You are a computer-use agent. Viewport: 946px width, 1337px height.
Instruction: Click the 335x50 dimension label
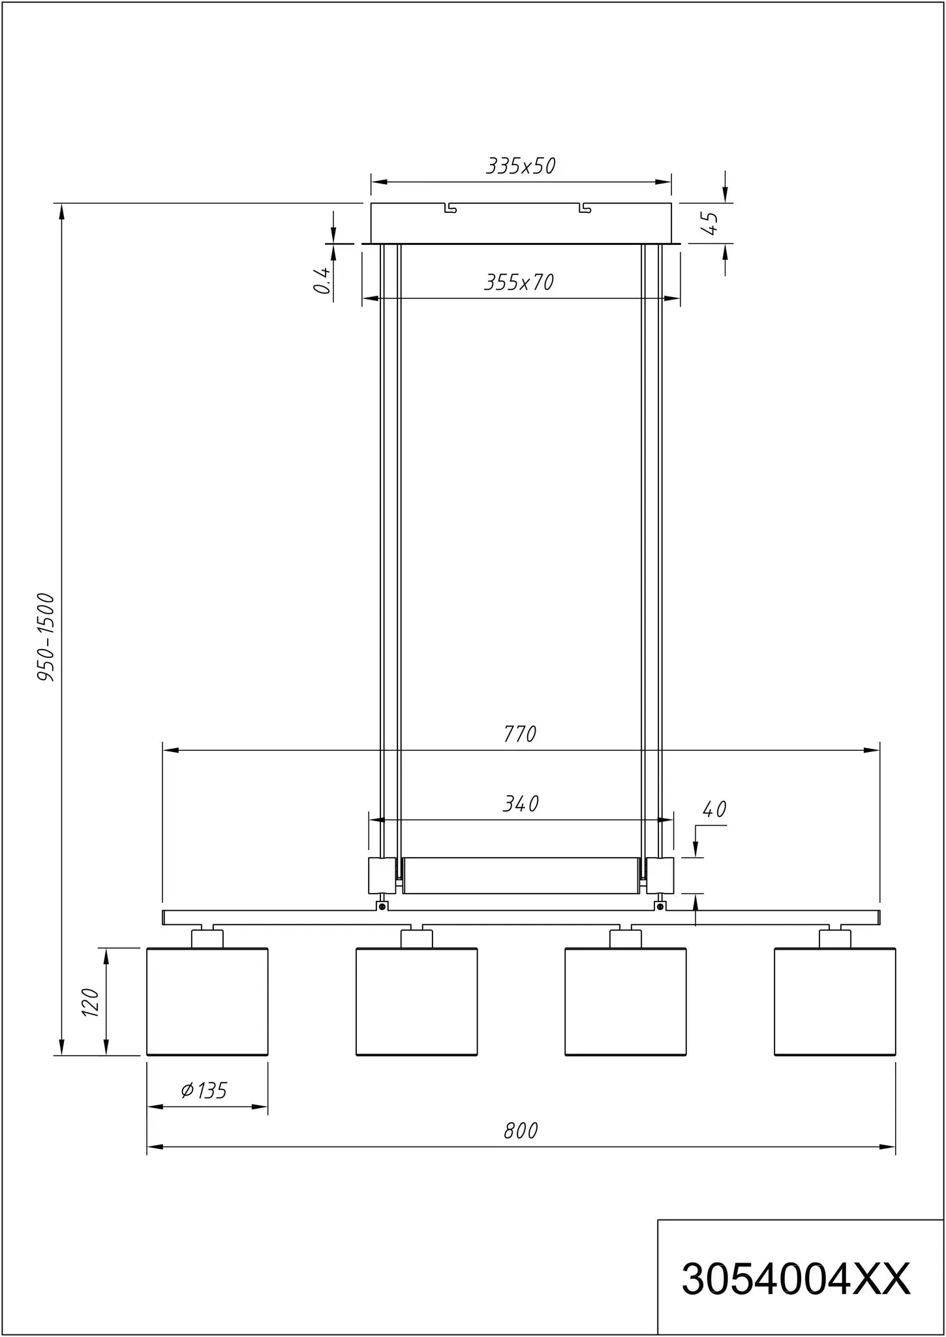[521, 166]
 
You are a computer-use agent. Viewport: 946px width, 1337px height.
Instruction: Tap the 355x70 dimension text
[519, 282]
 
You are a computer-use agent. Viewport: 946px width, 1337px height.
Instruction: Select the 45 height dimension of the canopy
[710, 223]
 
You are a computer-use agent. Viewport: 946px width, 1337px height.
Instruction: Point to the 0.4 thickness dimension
[322, 279]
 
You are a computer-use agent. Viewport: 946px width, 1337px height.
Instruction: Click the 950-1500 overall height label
[45, 637]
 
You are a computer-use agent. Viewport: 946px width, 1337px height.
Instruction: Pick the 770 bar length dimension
[520, 734]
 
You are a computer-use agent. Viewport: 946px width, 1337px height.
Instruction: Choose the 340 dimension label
[521, 804]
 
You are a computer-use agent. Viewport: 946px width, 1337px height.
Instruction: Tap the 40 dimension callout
[714, 810]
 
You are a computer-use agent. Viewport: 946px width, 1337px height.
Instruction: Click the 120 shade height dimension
[90, 1002]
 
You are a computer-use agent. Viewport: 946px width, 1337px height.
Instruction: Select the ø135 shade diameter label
[204, 1090]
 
